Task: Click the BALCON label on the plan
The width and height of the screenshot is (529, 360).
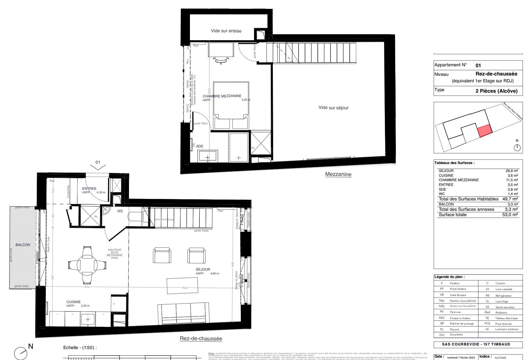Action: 23,245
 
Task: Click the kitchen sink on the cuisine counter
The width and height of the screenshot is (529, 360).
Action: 88,319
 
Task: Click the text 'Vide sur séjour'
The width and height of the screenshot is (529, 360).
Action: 333,108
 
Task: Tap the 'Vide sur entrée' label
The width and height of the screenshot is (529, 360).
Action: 226,31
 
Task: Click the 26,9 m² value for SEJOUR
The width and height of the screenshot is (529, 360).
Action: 512,171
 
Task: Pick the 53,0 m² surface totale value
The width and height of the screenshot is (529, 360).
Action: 510,215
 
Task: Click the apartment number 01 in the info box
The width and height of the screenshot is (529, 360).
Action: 478,66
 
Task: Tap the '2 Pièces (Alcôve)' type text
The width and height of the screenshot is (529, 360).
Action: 496,91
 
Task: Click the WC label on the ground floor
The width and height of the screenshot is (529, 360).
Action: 120,211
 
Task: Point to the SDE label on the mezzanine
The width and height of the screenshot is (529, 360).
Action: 200,146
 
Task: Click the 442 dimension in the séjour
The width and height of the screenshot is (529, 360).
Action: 185,288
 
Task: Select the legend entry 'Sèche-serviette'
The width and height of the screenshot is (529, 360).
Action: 505,307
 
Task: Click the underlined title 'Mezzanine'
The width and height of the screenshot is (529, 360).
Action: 338,174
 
